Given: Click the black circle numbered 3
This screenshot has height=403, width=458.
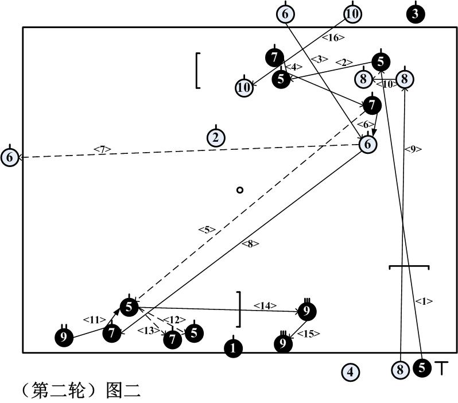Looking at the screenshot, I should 415,14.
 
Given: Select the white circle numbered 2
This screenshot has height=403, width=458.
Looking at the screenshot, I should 216,137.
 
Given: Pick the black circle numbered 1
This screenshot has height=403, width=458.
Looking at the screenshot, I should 233,347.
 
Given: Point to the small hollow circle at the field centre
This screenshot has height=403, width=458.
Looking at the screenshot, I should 240,190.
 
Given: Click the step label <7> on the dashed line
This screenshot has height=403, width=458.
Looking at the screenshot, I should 102,150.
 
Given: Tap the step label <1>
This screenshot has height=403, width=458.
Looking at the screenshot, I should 424,301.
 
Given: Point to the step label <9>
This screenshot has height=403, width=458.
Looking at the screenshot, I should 413,149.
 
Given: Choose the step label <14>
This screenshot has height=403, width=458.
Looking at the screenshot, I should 265,305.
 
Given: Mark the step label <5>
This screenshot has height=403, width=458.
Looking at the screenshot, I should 207,230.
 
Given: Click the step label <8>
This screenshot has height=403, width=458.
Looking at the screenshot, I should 250,243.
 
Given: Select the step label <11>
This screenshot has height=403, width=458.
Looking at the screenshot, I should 92,319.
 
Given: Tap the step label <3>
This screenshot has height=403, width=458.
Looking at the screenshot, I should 320,59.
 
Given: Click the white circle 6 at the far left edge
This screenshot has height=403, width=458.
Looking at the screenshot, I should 10,157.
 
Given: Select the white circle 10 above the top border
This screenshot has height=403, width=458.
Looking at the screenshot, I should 352,14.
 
